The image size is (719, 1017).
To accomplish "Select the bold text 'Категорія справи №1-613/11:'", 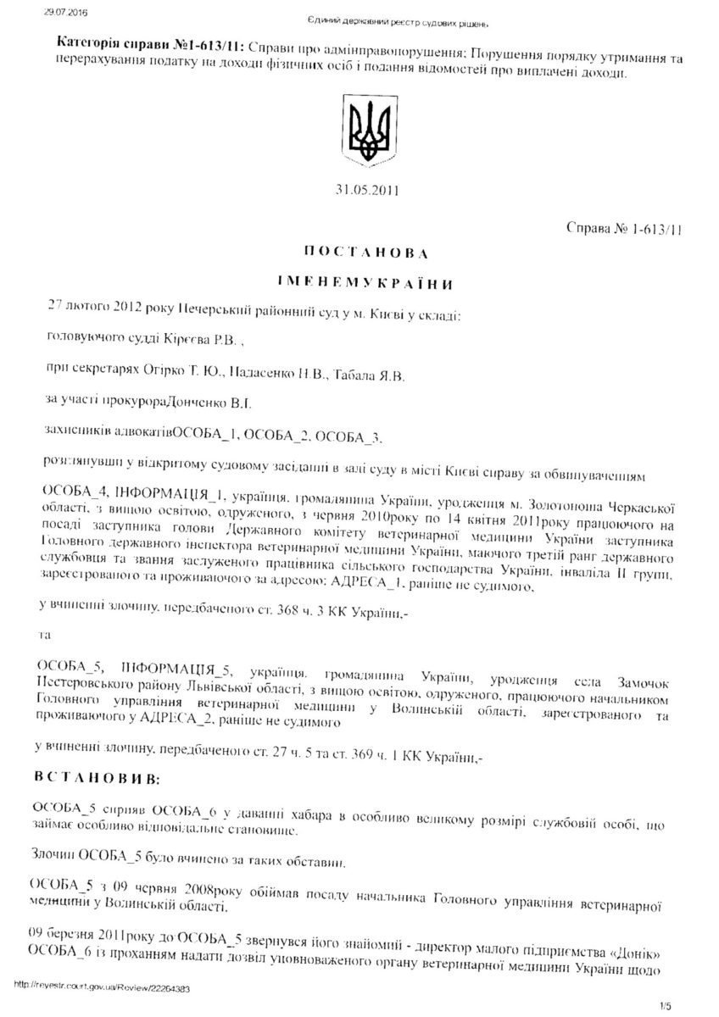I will click(x=133, y=42).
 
